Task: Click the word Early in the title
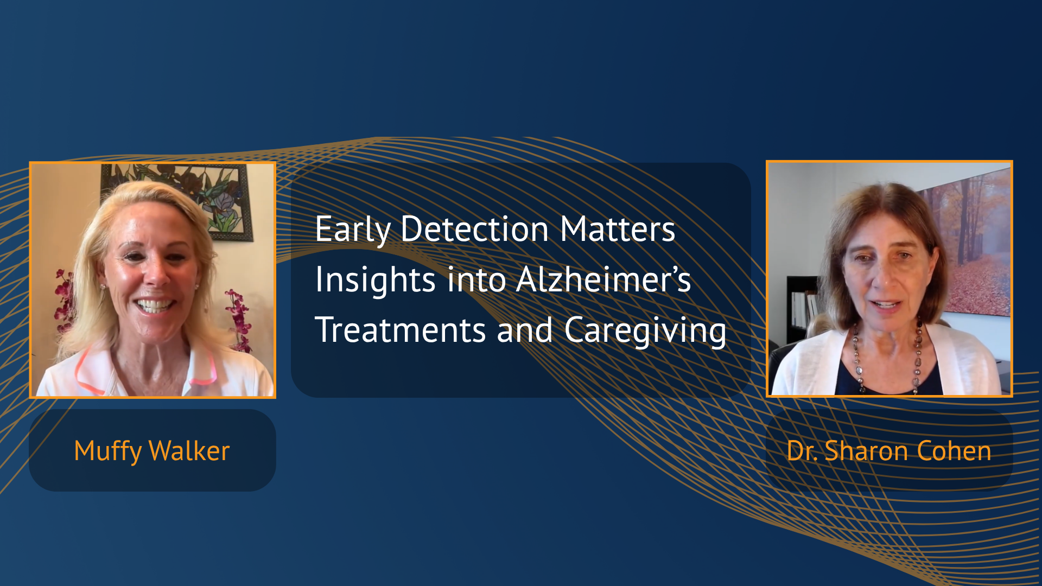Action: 353,230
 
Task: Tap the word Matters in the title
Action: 618,229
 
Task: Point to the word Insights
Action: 376,281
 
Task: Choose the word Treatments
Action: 401,330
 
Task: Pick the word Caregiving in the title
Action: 645,331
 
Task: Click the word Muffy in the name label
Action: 107,451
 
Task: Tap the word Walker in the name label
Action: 189,450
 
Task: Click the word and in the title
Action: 525,330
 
